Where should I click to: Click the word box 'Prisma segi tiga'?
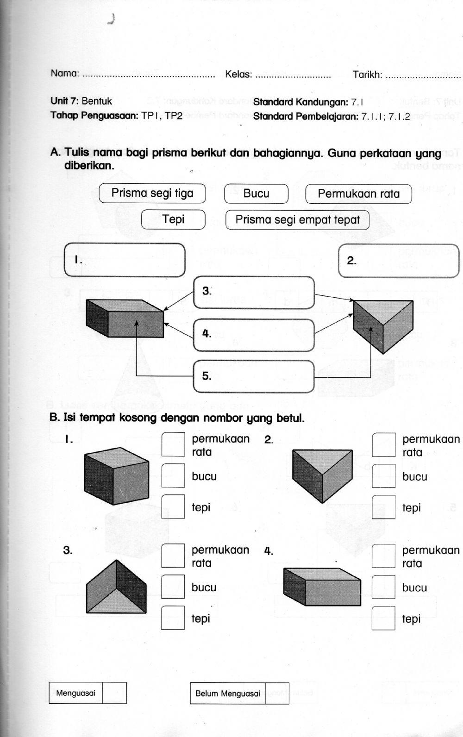click(x=152, y=194)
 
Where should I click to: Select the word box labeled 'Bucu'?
click(x=256, y=194)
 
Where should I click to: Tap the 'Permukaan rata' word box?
click(x=358, y=194)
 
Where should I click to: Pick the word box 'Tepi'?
click(x=173, y=219)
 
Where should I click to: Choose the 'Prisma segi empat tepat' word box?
click(x=297, y=220)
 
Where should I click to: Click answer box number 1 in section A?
click(x=125, y=260)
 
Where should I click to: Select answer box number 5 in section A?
click(x=254, y=376)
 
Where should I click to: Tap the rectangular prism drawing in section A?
click(x=125, y=319)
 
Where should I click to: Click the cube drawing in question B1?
click(x=116, y=477)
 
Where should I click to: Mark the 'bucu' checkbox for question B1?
click(x=173, y=475)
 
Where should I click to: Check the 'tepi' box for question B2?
click(x=383, y=507)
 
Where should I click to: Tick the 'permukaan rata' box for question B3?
click(x=173, y=556)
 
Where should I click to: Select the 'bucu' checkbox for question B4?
click(x=383, y=587)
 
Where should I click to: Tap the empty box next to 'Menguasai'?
click(x=114, y=693)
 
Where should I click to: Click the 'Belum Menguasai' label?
click(x=228, y=693)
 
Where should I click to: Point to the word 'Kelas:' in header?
click(x=238, y=74)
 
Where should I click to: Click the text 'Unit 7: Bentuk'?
click(x=81, y=101)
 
